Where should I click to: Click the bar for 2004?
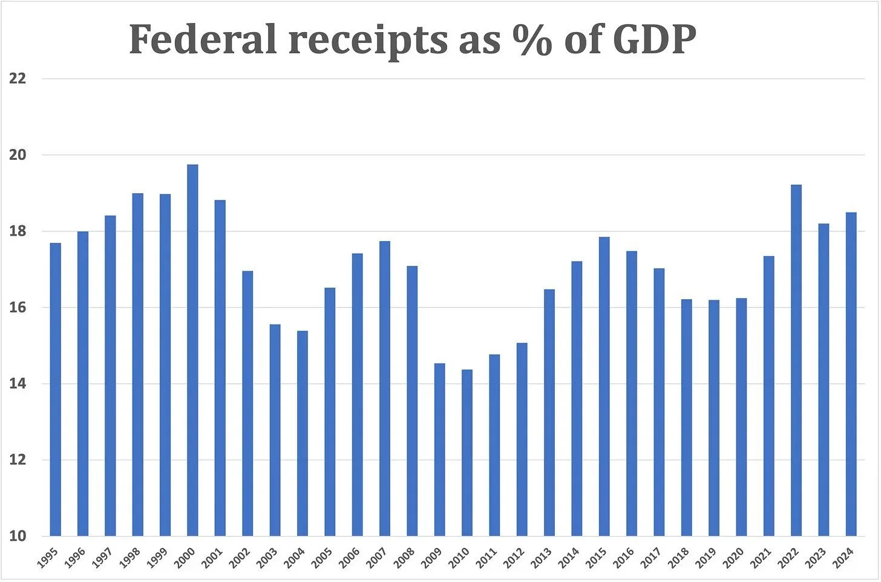tap(303, 433)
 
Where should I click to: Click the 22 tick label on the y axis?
tap(18, 79)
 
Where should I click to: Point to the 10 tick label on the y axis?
tap(18, 536)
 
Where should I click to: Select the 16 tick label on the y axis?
tap(18, 308)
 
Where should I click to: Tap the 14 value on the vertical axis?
tap(18, 384)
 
